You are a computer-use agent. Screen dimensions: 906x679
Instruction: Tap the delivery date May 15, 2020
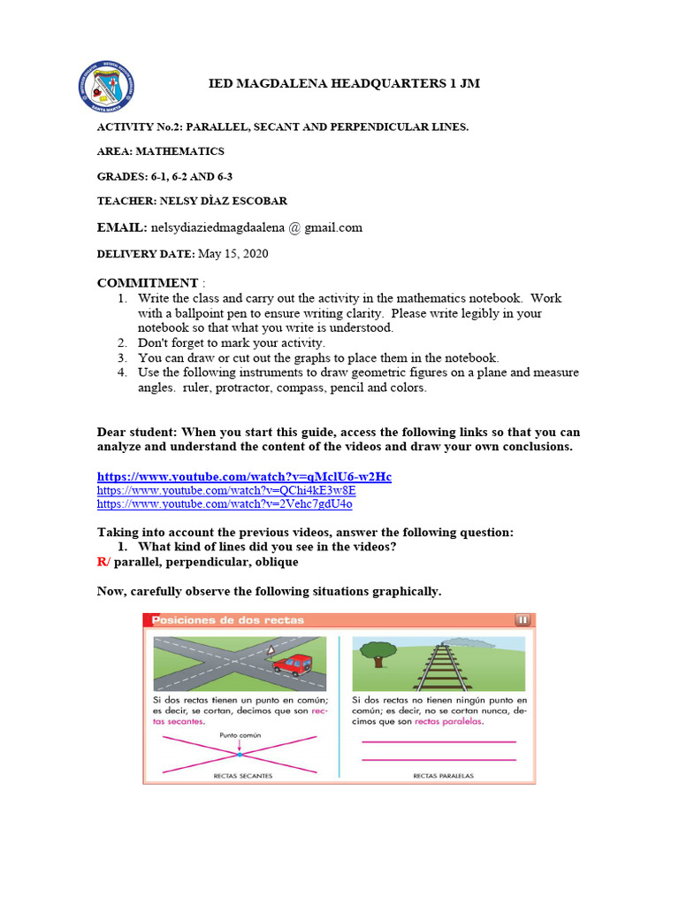(233, 254)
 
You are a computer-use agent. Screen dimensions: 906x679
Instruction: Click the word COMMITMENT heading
(147, 283)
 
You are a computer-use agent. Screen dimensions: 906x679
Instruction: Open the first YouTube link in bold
(243, 477)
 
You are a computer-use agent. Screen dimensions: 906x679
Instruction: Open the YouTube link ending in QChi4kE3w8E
(225, 490)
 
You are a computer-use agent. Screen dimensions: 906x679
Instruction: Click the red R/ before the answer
(103, 562)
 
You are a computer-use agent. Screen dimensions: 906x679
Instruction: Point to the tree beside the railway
(378, 654)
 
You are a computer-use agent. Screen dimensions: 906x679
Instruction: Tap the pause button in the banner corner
(522, 620)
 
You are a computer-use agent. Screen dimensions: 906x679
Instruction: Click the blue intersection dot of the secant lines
(239, 755)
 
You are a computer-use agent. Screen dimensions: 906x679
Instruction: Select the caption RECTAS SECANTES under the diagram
(242, 776)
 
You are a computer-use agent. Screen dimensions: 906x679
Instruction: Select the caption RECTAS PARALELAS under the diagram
(443, 776)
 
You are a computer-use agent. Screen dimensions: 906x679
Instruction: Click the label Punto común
(239, 733)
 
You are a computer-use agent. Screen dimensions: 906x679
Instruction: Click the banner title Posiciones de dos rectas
(228, 620)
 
